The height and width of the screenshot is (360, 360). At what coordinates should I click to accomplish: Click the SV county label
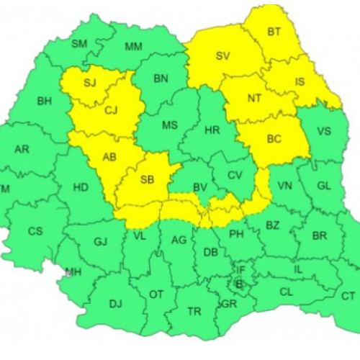[x=222, y=55]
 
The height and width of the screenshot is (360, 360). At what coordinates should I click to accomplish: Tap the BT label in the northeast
[x=274, y=32]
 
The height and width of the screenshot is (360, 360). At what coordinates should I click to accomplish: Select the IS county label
[x=300, y=81]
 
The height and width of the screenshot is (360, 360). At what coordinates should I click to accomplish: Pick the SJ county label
[x=89, y=83]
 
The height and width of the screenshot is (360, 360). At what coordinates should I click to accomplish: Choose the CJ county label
[x=111, y=110]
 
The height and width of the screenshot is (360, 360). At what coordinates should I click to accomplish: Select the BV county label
[x=200, y=188]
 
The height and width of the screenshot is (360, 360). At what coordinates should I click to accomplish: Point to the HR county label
[x=212, y=130]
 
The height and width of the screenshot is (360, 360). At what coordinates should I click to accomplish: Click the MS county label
[x=169, y=125]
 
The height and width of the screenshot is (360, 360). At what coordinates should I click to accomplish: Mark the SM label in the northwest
[x=79, y=44]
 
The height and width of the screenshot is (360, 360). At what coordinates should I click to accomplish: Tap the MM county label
[x=133, y=48]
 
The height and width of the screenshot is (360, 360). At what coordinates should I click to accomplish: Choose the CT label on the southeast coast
[x=348, y=296]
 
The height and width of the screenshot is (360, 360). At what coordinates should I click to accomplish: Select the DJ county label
[x=115, y=303]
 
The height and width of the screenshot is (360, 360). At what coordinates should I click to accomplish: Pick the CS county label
[x=35, y=231]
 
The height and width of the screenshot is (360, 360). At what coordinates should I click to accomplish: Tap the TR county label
[x=194, y=311]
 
